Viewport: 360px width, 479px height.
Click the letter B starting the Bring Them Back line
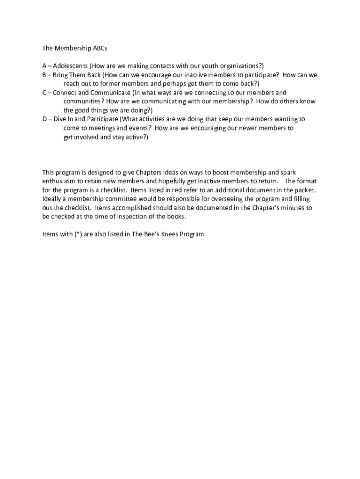[44, 75]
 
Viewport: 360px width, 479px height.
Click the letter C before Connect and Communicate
[44, 93]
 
